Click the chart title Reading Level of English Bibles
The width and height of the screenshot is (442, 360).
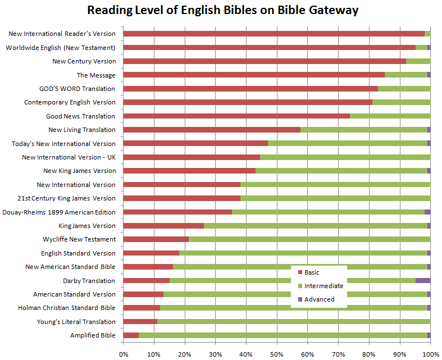click(x=222, y=11)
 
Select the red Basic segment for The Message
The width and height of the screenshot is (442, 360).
click(x=253, y=75)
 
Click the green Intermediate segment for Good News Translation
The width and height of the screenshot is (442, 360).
click(x=390, y=116)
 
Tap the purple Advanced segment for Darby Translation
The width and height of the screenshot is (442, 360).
click(x=423, y=280)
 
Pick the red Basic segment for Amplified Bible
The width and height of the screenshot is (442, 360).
click(x=131, y=335)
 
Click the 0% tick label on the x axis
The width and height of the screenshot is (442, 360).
click(x=124, y=354)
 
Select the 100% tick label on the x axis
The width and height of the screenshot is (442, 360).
click(x=430, y=354)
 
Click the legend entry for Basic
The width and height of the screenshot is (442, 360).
click(x=312, y=272)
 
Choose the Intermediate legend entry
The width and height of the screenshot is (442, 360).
click(x=323, y=286)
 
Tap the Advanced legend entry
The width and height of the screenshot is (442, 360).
click(x=319, y=299)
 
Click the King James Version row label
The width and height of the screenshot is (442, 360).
click(x=87, y=226)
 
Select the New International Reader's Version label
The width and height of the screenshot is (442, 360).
click(x=62, y=34)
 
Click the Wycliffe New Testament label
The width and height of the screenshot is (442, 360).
click(x=79, y=239)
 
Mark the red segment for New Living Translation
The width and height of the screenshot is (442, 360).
click(x=212, y=130)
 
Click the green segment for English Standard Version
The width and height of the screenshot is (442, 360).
click(x=303, y=253)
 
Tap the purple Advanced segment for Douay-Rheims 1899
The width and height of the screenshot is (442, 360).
click(x=427, y=212)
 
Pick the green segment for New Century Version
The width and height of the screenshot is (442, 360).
click(x=418, y=61)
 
